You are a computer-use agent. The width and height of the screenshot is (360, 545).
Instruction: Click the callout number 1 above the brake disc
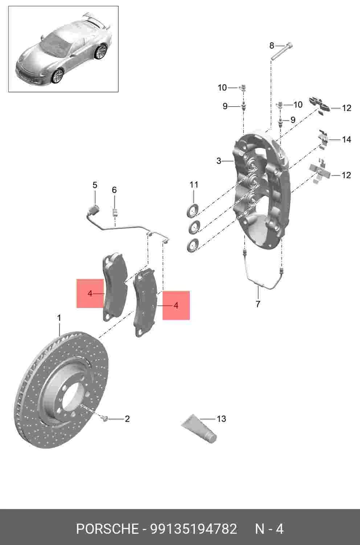(x=59, y=318)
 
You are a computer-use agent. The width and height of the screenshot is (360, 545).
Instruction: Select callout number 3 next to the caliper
(x=219, y=161)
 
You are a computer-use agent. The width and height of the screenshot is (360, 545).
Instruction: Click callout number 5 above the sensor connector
(x=95, y=185)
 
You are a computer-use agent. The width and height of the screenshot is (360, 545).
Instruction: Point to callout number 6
(x=114, y=190)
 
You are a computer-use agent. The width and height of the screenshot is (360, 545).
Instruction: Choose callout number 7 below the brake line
(x=258, y=304)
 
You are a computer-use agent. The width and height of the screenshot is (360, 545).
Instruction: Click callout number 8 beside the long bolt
(x=272, y=45)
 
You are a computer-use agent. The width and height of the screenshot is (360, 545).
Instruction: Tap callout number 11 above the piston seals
(x=194, y=185)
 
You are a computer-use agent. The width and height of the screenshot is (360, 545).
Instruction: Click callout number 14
(x=347, y=139)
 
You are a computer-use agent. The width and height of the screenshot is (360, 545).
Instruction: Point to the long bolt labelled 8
(x=282, y=51)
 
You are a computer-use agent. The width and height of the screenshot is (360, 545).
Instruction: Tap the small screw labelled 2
(x=104, y=418)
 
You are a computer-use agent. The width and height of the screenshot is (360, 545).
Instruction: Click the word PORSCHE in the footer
(x=107, y=529)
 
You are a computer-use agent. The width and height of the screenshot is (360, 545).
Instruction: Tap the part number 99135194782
(x=193, y=529)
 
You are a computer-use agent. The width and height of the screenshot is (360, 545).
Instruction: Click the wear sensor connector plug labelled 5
(x=93, y=209)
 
